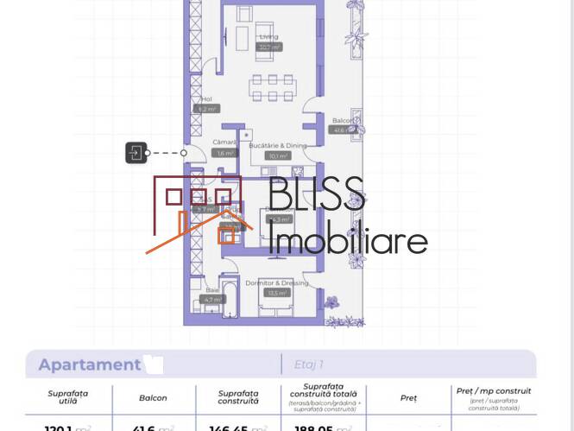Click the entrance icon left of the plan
[136, 153]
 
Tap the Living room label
[269, 37]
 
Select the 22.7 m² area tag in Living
[269, 48]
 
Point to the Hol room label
[206, 99]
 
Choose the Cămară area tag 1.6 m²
[224, 153]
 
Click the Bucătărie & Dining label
[277, 147]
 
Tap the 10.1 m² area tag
[277, 156]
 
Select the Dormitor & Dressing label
[277, 283]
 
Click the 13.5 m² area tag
[277, 293]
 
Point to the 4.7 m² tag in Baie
[211, 300]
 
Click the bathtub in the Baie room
[230, 298]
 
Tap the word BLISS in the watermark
[316, 194]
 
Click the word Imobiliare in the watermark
[347, 239]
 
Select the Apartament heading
[89, 364]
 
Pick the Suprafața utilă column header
[67, 397]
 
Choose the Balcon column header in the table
[153, 398]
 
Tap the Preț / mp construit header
[493, 391]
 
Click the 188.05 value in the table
[316, 427]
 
